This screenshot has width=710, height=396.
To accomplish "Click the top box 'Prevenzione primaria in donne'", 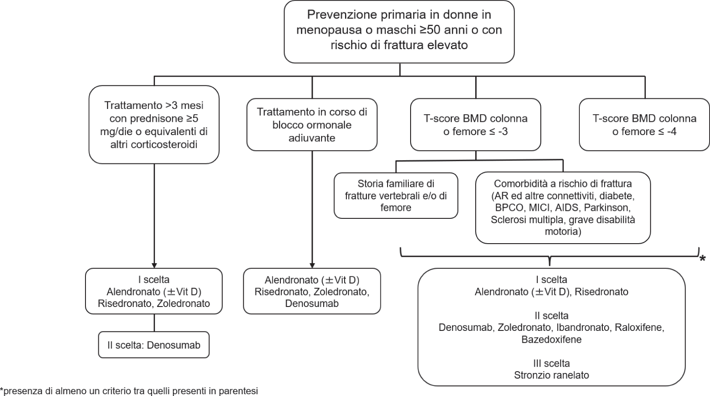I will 399,31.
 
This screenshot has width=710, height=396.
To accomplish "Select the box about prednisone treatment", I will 154,124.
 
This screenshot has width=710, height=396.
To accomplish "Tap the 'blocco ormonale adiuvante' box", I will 312,124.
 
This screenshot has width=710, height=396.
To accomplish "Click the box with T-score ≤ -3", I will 475,124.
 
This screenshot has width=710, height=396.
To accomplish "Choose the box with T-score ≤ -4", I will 644,124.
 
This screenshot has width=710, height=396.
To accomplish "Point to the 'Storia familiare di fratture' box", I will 396,195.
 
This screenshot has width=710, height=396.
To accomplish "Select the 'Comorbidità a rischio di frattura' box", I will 563,207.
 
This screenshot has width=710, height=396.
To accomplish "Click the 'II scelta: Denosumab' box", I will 154,345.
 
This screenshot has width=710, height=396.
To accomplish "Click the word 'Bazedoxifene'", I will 551,340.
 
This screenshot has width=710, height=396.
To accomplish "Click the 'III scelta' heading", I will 551,364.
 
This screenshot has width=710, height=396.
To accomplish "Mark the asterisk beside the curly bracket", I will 702,259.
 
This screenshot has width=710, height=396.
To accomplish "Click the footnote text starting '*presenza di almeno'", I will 129,391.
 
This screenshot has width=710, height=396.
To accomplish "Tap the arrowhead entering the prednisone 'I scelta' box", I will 154,265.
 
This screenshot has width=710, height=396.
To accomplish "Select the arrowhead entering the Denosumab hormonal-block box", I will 312,265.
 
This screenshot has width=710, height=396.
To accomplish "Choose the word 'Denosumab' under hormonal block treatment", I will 312,304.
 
